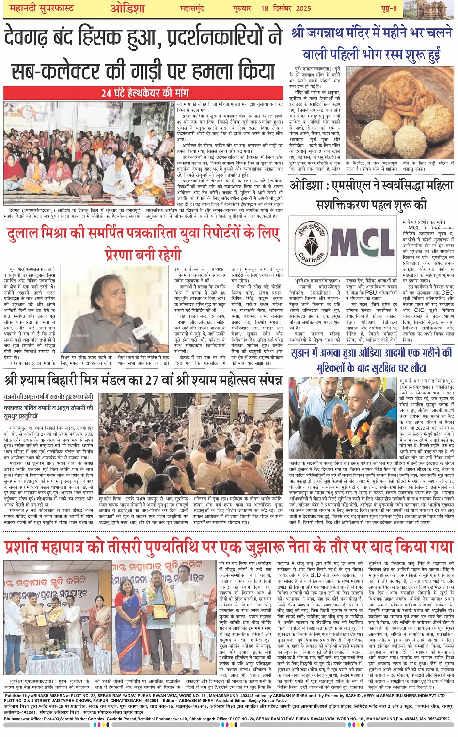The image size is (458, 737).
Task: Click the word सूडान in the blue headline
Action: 305,353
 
